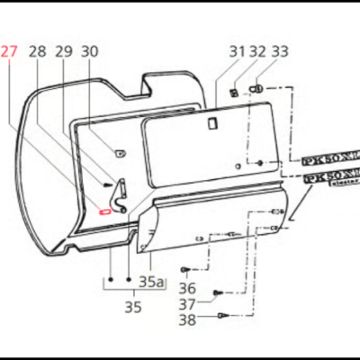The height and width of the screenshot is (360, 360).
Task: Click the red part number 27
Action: [9, 52]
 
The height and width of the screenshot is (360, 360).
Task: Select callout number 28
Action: [36, 52]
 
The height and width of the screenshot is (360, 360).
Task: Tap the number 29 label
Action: [63, 52]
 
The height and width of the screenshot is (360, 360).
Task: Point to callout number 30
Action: [89, 52]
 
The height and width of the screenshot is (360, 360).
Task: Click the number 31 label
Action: [237, 52]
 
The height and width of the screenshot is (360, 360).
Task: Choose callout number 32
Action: [257, 52]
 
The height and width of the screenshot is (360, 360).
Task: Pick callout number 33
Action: [280, 52]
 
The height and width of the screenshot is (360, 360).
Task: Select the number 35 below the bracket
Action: [132, 307]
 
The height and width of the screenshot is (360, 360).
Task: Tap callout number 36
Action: [186, 288]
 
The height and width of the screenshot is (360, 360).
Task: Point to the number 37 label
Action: [186, 303]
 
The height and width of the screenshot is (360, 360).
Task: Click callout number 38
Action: [186, 319]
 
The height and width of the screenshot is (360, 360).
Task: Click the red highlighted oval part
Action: [105, 212]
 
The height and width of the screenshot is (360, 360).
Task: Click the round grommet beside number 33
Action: [258, 89]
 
